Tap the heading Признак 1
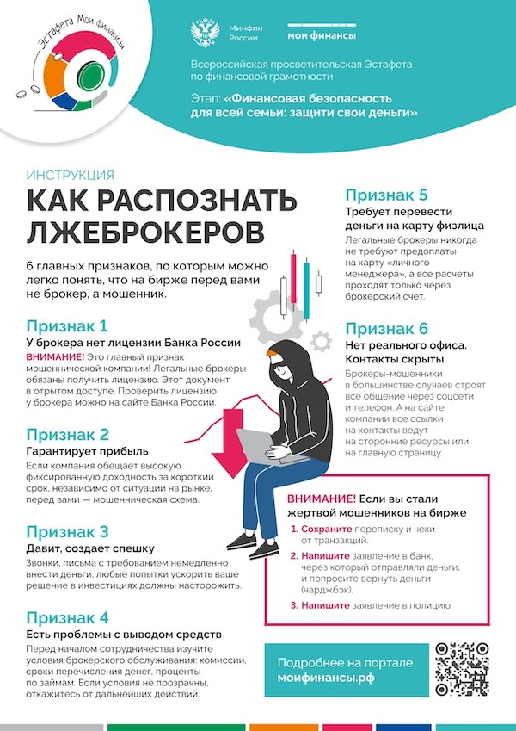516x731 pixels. click(x=79, y=326)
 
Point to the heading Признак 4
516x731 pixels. click(x=80, y=617)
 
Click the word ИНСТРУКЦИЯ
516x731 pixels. click(x=70, y=173)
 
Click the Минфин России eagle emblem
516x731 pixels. click(x=206, y=33)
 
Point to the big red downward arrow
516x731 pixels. click(x=229, y=443)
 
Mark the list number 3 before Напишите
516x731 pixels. click(x=294, y=605)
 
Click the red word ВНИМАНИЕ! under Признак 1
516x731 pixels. click(x=55, y=356)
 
